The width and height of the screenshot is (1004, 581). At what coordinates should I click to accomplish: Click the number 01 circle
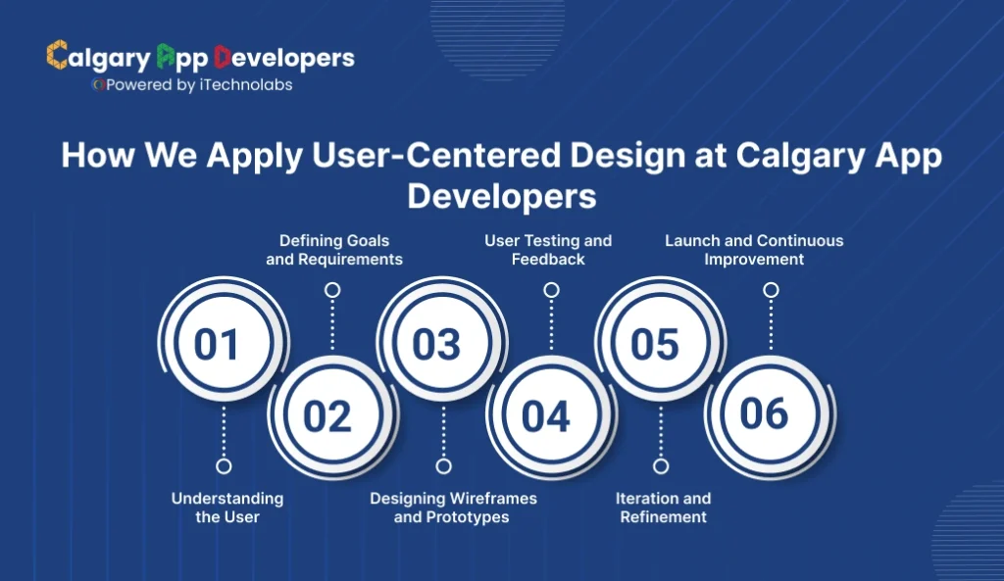(217, 344)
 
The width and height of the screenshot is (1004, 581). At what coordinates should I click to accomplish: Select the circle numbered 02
(326, 415)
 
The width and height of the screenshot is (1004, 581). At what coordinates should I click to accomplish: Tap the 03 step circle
(436, 344)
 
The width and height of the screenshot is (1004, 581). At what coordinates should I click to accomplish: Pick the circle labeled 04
(546, 415)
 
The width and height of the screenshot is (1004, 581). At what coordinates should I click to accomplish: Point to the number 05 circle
(655, 344)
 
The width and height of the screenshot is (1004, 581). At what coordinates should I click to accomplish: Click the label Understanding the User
(227, 508)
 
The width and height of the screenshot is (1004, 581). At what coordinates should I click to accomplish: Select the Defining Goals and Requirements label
(334, 250)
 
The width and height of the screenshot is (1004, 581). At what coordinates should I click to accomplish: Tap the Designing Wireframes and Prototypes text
(453, 508)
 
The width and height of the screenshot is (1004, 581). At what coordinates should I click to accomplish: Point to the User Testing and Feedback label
(548, 250)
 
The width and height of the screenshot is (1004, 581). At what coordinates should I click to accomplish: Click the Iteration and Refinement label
(664, 508)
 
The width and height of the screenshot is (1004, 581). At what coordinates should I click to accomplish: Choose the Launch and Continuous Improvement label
(754, 250)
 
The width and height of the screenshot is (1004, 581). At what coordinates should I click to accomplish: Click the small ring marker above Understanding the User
(224, 466)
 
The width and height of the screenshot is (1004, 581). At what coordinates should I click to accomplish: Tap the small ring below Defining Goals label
(332, 290)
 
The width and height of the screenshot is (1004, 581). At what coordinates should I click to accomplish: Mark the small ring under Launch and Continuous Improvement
(771, 290)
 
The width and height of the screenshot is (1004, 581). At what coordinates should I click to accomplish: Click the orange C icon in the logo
(57, 56)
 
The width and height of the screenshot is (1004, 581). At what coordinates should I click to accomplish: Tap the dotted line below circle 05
(662, 431)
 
